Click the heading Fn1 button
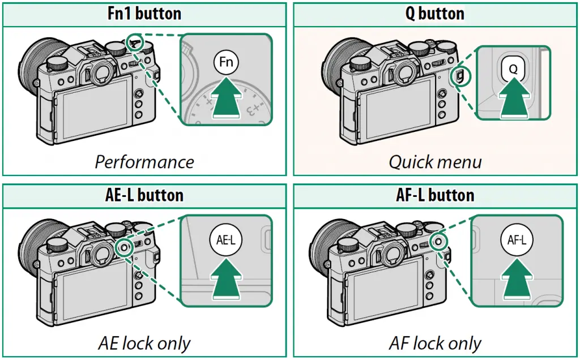click(x=144, y=14)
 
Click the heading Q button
click(x=434, y=14)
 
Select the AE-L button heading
click(x=144, y=195)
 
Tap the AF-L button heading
click(x=435, y=195)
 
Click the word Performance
click(x=144, y=162)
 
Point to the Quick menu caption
click(x=435, y=162)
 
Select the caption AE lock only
click(x=144, y=343)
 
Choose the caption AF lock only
click(x=435, y=343)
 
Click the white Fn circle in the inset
click(x=226, y=62)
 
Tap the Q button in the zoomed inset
click(x=513, y=67)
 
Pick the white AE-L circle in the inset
click(x=225, y=240)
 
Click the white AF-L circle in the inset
click(x=517, y=240)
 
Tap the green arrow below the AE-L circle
click(x=226, y=278)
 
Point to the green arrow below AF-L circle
click(x=517, y=278)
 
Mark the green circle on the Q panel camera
click(x=461, y=77)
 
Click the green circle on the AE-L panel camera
click(x=125, y=247)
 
